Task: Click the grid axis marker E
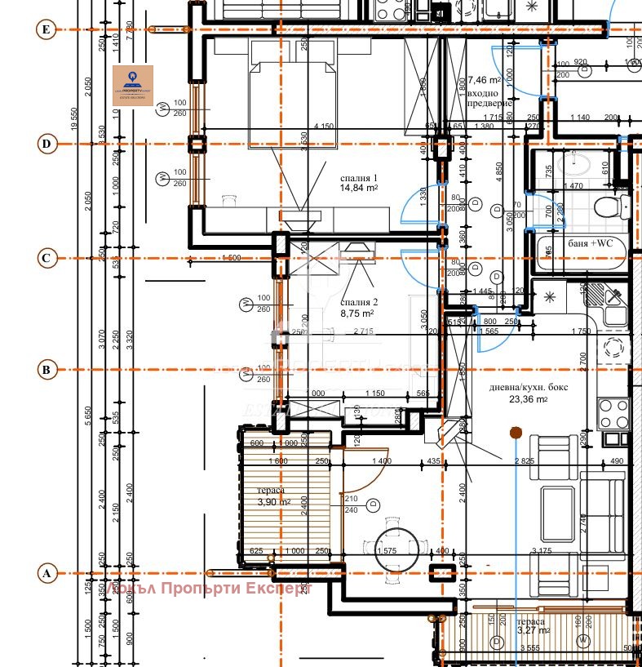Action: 46,30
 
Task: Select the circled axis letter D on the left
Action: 46,145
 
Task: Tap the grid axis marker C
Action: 46,259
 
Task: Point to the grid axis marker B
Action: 46,370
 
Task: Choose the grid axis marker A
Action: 46,574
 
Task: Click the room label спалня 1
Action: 359,177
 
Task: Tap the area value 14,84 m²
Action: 359,188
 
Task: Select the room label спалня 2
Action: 357,301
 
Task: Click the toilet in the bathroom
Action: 606,205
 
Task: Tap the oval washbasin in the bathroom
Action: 581,166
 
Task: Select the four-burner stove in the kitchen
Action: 613,412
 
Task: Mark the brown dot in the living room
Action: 515,432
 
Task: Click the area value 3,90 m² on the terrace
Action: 273,501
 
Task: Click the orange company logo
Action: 133,85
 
